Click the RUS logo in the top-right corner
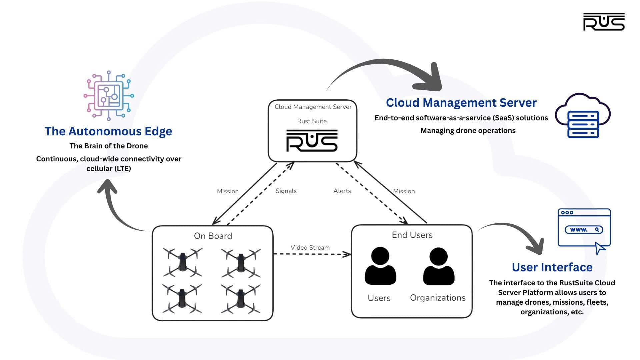tap(604, 22)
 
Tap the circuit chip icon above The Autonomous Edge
tap(109, 96)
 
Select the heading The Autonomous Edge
tap(108, 131)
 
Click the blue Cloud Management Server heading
tap(461, 103)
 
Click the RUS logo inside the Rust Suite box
tap(312, 141)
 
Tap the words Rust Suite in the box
tap(312, 121)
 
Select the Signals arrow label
tap(286, 191)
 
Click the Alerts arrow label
tap(342, 191)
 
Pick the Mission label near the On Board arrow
tap(228, 191)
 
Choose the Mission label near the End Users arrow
tap(404, 191)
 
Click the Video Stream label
tap(310, 248)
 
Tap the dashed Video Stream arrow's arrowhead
tap(347, 254)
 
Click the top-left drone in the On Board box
tap(182, 262)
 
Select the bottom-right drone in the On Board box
tap(241, 299)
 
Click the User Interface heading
tap(552, 267)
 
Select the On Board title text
tap(213, 236)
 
